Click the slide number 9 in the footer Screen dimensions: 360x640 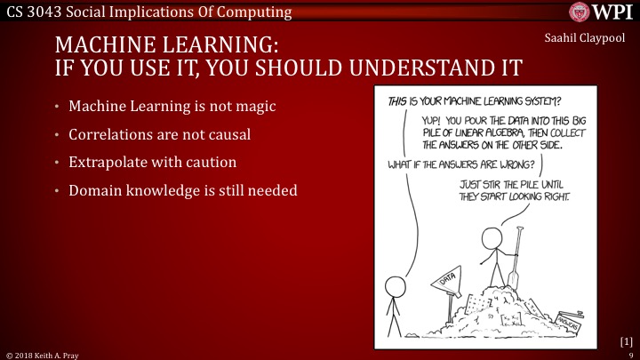coord(630,353)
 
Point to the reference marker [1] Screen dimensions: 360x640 coord(626,340)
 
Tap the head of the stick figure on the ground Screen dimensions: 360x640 coord(394,285)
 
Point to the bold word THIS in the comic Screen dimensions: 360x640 coord(402,100)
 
